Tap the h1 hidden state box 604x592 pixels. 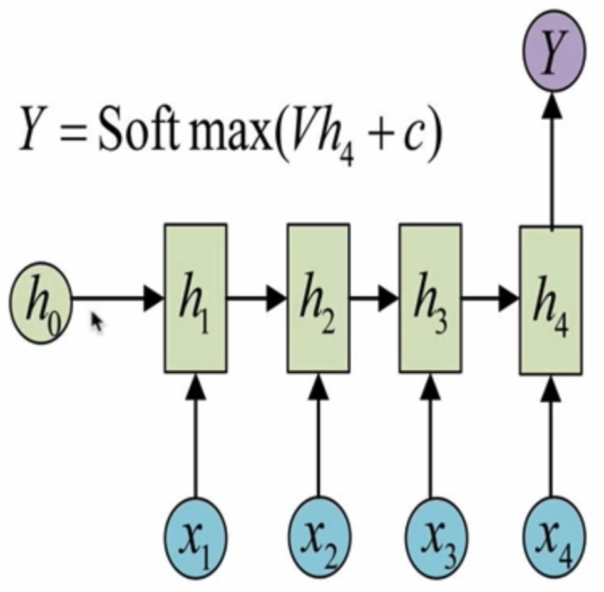(x=195, y=298)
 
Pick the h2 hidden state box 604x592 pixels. (x=318, y=298)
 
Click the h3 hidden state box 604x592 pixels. (x=430, y=298)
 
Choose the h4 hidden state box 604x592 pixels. (x=551, y=299)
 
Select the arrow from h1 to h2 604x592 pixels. (x=257, y=299)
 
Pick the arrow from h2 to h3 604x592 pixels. (x=374, y=299)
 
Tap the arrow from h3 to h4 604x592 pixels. (x=491, y=299)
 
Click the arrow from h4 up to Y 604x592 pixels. (x=553, y=157)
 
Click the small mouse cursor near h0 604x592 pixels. (x=97, y=323)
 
